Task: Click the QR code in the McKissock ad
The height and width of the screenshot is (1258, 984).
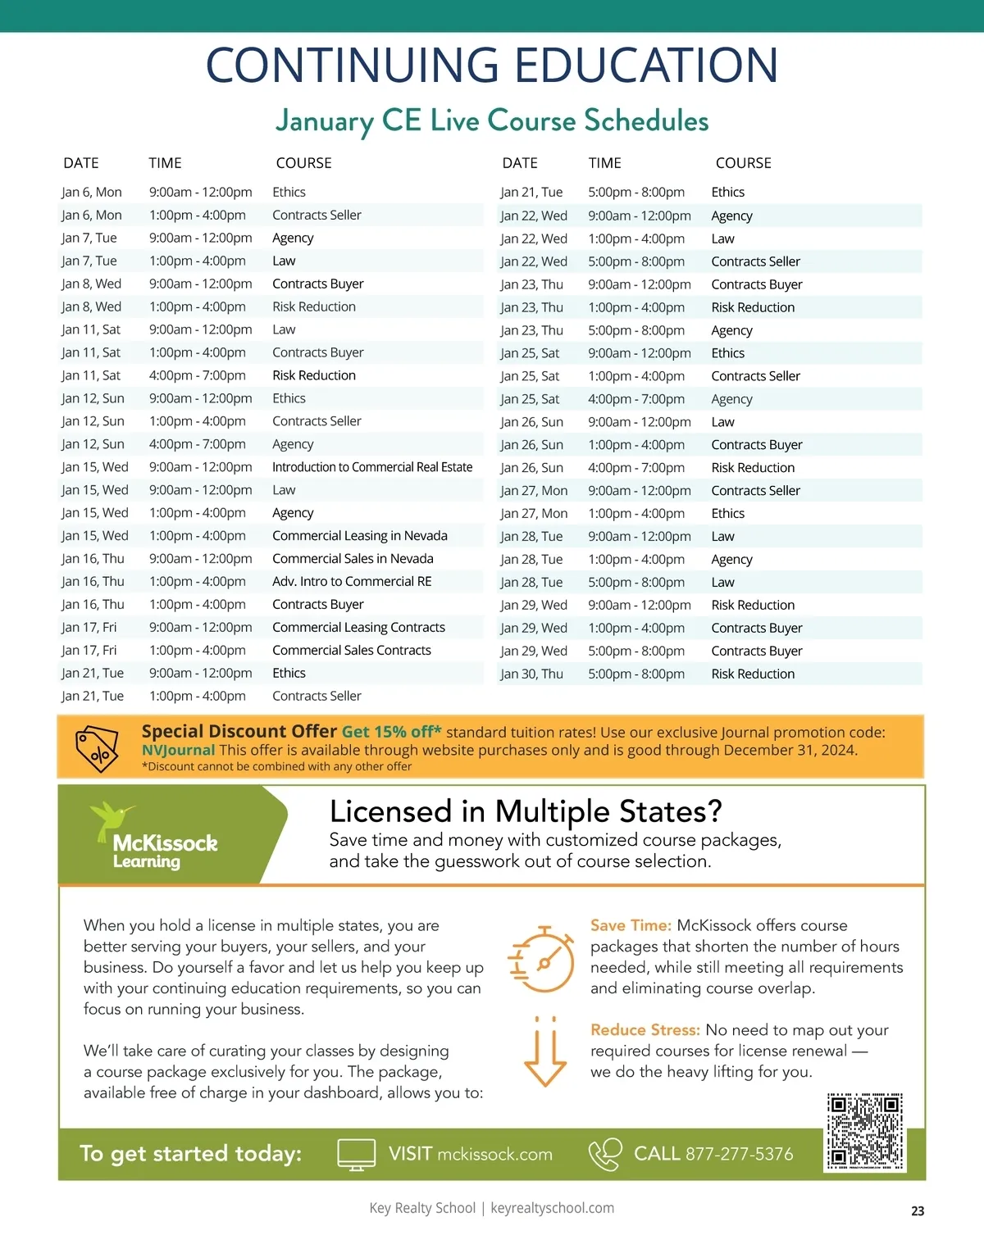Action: coord(865,1131)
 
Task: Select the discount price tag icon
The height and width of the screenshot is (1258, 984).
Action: coord(97,747)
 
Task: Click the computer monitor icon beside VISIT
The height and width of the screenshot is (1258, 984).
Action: coord(357,1154)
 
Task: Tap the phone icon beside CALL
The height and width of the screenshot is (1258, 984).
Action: coord(605,1154)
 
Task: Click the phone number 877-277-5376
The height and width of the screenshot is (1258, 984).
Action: coord(739,1154)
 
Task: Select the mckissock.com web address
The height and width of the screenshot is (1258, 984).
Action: coord(494,1154)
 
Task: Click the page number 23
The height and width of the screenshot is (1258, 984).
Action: coord(918,1210)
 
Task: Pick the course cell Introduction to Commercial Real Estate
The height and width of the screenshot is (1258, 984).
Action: coord(372,467)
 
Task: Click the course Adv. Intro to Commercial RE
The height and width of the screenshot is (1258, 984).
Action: coord(352,581)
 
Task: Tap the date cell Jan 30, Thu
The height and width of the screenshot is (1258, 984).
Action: coord(531,674)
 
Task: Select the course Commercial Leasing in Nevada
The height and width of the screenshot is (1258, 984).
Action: coord(360,535)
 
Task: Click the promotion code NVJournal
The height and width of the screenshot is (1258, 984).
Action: coord(178,750)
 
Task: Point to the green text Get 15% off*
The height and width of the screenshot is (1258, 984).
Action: coord(391,732)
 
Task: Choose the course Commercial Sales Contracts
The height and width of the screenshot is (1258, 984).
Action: coord(352,650)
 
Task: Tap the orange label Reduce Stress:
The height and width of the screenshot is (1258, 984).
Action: coord(645,1030)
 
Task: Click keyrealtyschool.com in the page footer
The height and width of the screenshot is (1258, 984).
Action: coord(552,1208)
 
